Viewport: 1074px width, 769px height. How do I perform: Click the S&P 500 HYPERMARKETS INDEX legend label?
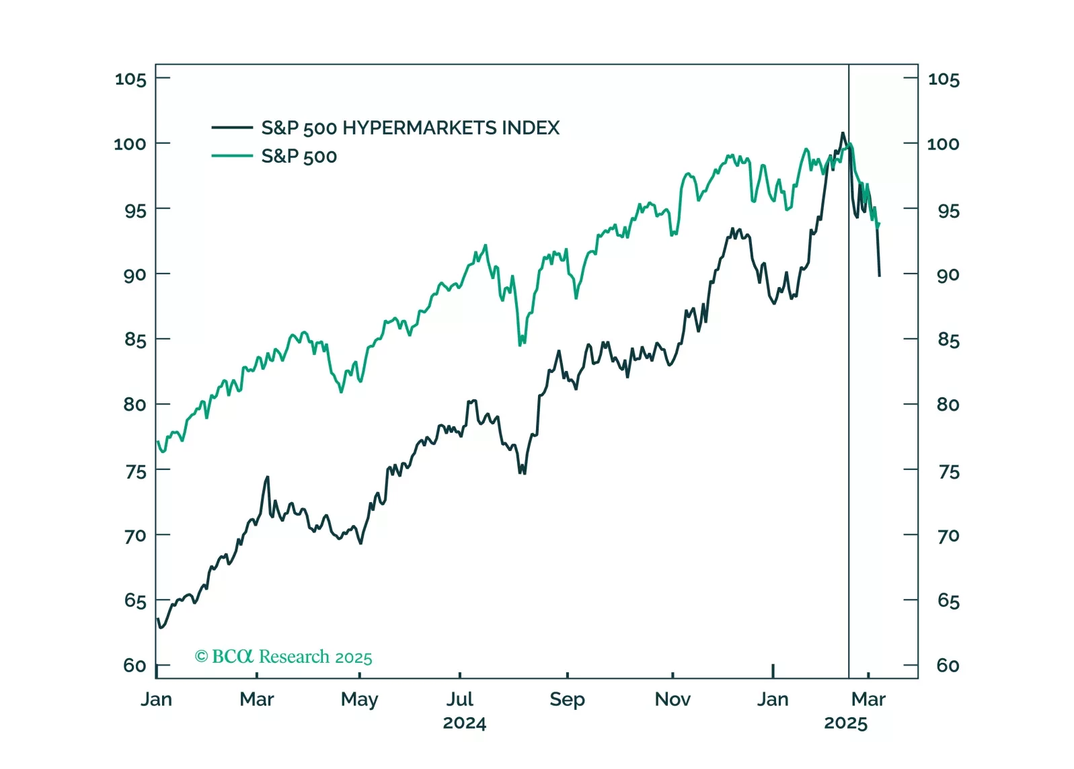410,128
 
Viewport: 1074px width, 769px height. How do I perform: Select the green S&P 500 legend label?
299,157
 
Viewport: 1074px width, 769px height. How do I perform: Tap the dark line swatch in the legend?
232,127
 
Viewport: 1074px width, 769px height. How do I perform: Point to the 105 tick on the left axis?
130,79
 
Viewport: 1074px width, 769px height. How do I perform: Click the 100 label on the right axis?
943,144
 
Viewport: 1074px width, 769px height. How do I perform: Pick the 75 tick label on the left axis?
135,472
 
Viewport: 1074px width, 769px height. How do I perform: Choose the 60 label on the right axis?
948,665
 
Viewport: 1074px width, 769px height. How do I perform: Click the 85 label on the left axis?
135,340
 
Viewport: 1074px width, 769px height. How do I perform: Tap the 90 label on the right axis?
948,275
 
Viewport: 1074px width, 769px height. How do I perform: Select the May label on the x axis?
359,700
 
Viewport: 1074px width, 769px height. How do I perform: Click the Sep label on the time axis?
567,700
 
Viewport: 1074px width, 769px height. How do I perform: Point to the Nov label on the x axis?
673,700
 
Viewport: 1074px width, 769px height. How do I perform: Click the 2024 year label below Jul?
464,723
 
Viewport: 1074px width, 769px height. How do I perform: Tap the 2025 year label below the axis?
845,723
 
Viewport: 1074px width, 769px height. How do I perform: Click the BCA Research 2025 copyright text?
283,657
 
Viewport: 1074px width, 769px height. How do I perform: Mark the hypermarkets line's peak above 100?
843,133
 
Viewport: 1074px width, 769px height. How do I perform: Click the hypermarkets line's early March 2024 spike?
268,477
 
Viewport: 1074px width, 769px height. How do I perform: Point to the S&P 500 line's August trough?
521,344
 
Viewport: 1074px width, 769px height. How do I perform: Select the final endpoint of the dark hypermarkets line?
879,276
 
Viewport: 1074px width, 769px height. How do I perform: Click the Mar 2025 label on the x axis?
868,700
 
